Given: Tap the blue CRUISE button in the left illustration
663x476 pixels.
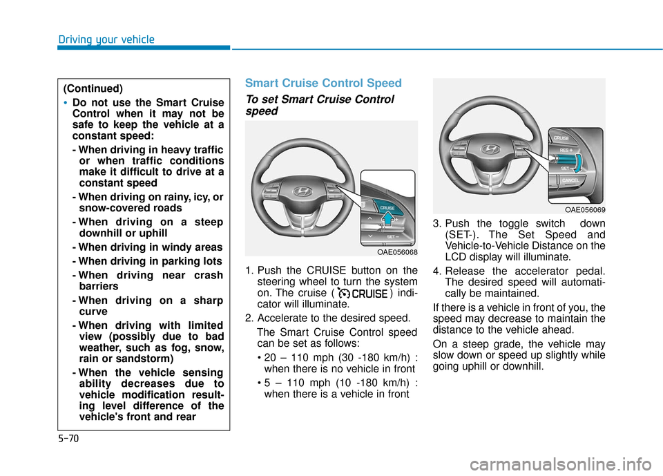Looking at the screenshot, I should click(387, 206).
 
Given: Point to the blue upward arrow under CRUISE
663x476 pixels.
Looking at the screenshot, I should click(389, 220).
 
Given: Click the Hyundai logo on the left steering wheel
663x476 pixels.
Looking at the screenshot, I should click(302, 191).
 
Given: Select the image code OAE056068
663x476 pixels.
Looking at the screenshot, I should click(396, 252).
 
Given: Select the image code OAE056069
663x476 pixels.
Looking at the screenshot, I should click(585, 210).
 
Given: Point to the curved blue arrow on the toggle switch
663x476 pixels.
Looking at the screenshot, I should click(579, 164).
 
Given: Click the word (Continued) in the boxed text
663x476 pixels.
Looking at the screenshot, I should click(93, 88).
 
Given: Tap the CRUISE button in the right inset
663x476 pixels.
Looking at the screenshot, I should click(561, 138).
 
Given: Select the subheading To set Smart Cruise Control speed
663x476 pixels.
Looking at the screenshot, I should click(319, 105).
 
